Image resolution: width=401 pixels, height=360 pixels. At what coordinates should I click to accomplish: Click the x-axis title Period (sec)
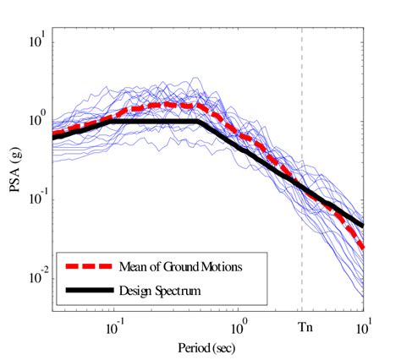pos(207,347)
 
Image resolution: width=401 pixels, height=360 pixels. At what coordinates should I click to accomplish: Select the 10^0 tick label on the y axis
pos(36,120)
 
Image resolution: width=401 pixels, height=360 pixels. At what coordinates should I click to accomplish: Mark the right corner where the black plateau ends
pos(198,121)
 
